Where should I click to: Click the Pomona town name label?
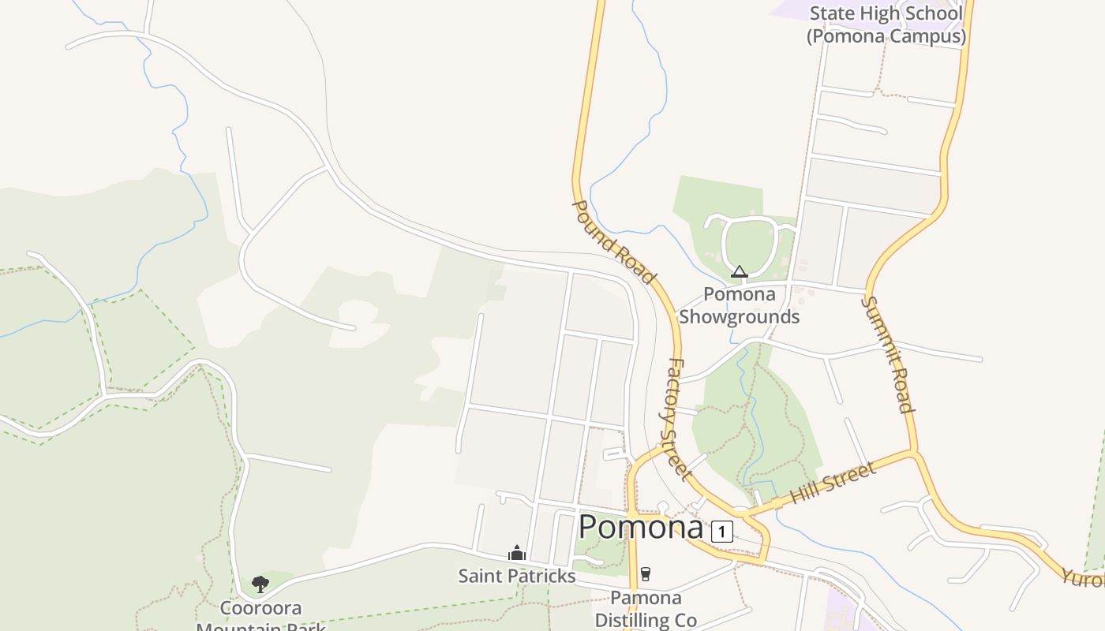click(640, 527)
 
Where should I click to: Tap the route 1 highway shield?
click(721, 531)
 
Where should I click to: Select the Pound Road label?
click(612, 241)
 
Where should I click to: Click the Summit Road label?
click(887, 354)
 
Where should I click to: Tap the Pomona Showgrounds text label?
click(739, 305)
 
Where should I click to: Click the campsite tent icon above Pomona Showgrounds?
click(739, 272)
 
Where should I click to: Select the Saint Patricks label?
click(517, 576)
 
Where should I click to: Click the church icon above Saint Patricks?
click(517, 553)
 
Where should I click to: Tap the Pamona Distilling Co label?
click(646, 609)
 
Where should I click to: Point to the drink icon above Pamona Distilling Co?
click(646, 573)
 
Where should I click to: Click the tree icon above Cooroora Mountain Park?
click(260, 584)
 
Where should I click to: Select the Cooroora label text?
click(260, 609)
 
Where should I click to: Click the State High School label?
click(886, 13)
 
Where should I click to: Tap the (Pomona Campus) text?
click(886, 36)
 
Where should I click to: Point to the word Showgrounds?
click(739, 317)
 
